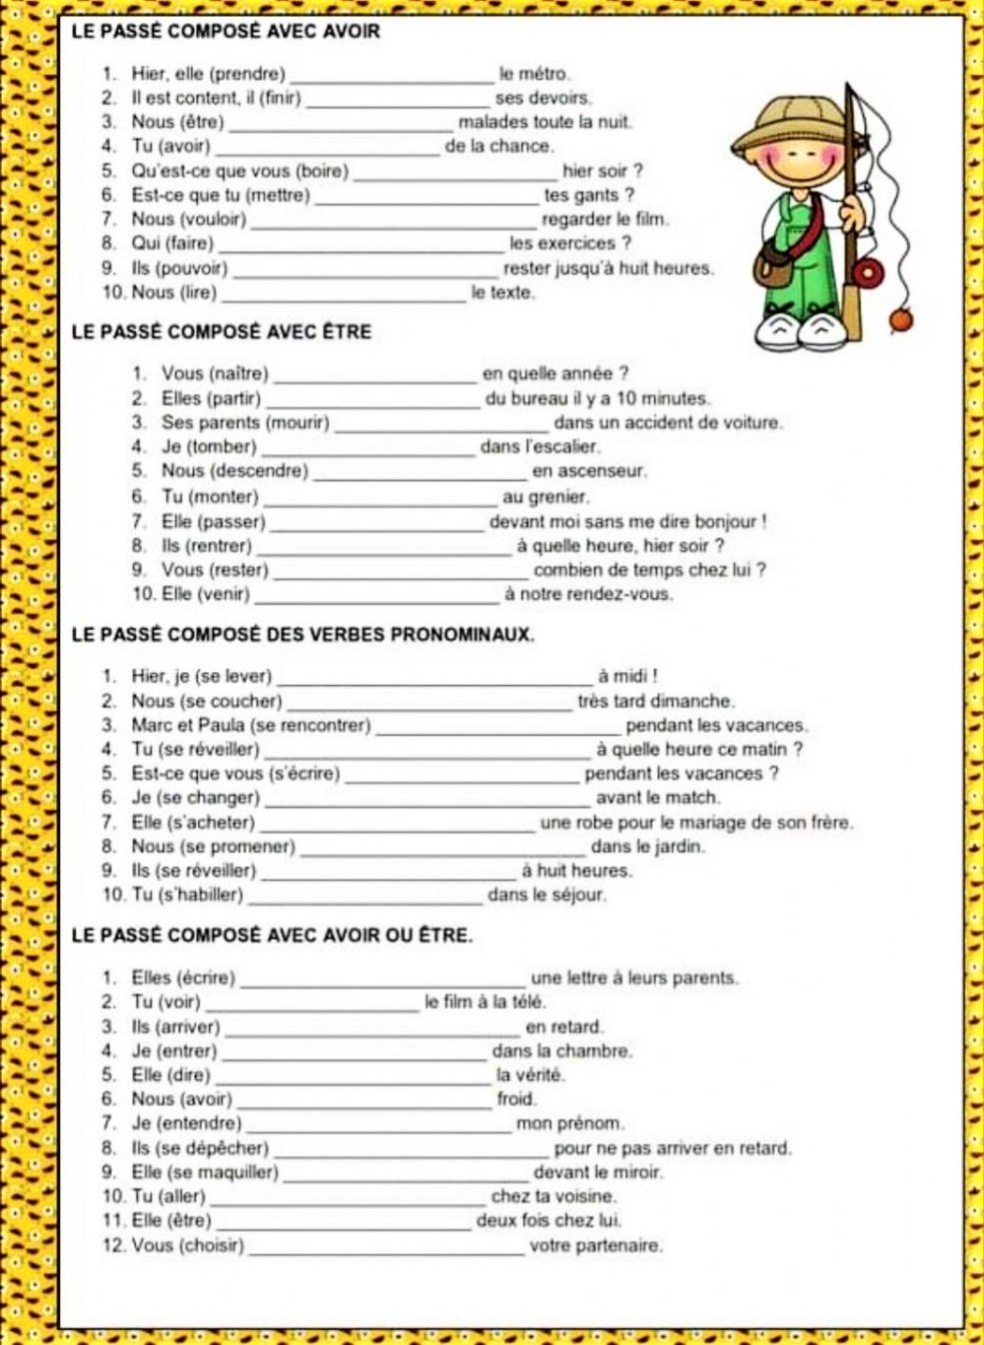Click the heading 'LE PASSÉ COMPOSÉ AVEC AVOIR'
(227, 32)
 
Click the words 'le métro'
(534, 74)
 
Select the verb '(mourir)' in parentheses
(297, 422)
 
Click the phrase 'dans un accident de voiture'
(667, 422)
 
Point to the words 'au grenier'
(545, 496)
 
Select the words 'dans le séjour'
(546, 895)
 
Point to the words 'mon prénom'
(569, 1123)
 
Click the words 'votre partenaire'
(595, 1245)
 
